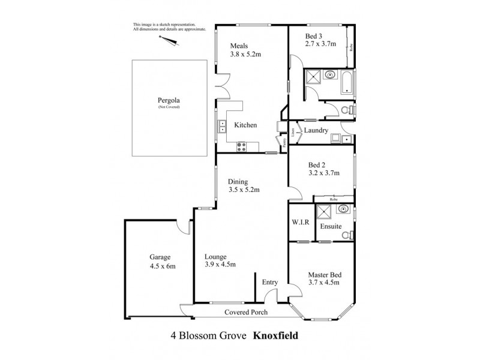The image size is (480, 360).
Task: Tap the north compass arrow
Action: pos(169,40)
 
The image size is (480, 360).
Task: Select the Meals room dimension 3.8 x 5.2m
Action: pos(246,54)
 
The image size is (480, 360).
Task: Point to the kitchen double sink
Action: pos(221,127)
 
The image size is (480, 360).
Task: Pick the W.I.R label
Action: pos(301,222)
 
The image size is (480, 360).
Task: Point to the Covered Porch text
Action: pos(246,313)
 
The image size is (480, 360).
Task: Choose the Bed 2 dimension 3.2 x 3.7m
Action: pos(324,173)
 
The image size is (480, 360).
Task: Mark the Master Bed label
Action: pos(325,274)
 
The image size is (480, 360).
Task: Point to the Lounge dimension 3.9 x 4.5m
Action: pos(220,265)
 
